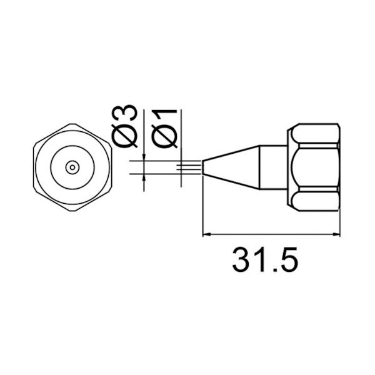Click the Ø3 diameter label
pyautogui.click(x=127, y=127)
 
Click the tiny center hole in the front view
pyautogui.click(x=72, y=167)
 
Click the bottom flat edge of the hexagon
pyautogui.click(x=72, y=208)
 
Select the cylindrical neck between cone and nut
pyautogui.click(x=274, y=167)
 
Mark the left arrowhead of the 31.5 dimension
pyautogui.click(x=209, y=236)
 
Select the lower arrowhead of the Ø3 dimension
pyautogui.click(x=144, y=178)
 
